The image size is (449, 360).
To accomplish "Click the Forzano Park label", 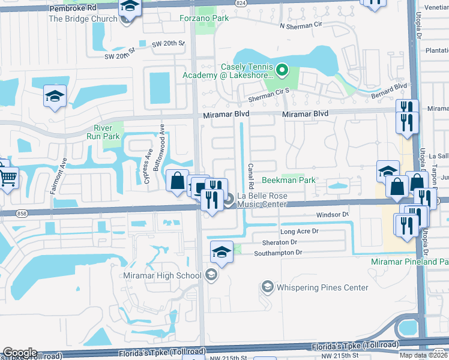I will pyautogui.click(x=204, y=19).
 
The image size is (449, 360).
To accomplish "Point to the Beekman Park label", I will pyautogui.click(x=289, y=181).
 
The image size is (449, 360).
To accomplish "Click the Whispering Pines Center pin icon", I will pyautogui.click(x=267, y=287).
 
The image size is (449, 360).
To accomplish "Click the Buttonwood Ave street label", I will pyautogui.click(x=161, y=146).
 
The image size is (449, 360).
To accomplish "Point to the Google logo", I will pyautogui.click(x=19, y=352).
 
